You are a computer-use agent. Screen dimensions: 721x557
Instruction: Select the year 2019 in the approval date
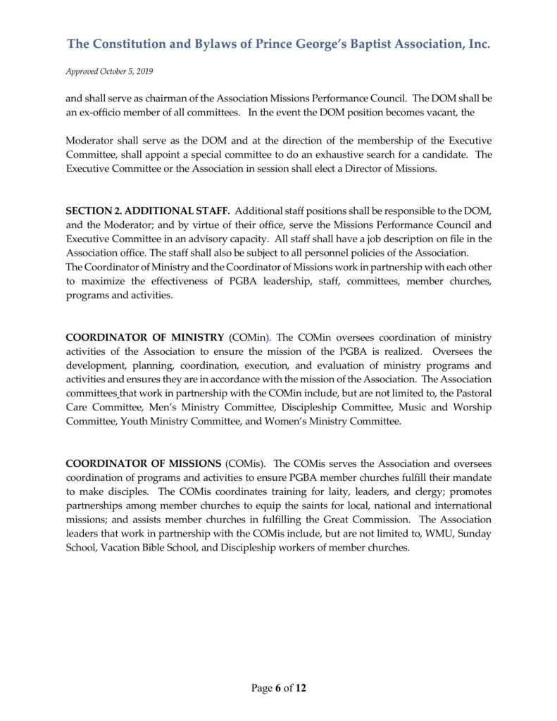coord(143,72)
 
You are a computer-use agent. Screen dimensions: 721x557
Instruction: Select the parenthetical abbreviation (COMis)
coord(244,463)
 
